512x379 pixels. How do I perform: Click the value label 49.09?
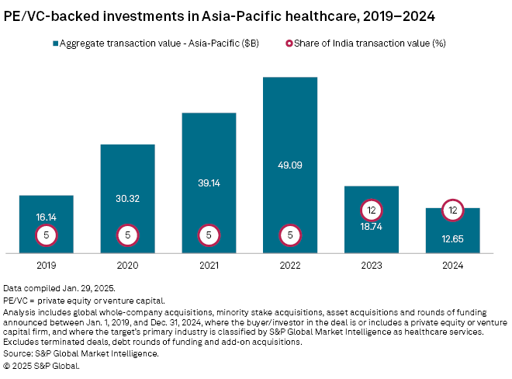click(x=290, y=165)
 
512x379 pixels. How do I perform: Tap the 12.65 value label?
click(x=453, y=238)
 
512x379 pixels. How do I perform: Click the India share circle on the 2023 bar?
click(x=372, y=210)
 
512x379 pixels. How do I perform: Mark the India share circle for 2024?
click(x=453, y=210)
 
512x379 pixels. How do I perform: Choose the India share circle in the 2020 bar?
click(x=127, y=234)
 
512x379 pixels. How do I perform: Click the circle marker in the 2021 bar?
click(x=209, y=234)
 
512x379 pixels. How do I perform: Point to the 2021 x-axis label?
click(x=209, y=266)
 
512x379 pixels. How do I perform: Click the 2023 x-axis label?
click(x=372, y=266)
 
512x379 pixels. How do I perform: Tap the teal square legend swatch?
click(x=56, y=43)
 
